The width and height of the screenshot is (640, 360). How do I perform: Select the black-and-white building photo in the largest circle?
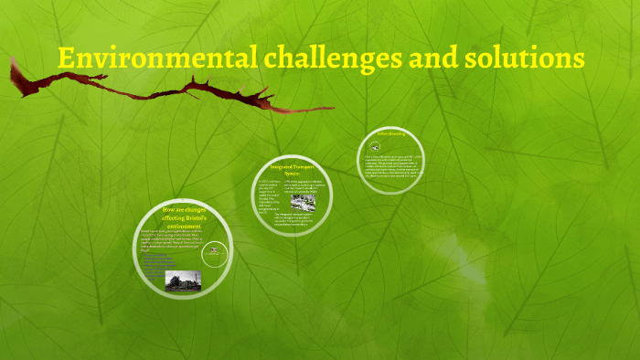point(183,280)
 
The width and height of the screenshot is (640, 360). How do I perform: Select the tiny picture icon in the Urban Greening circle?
point(375,146)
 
